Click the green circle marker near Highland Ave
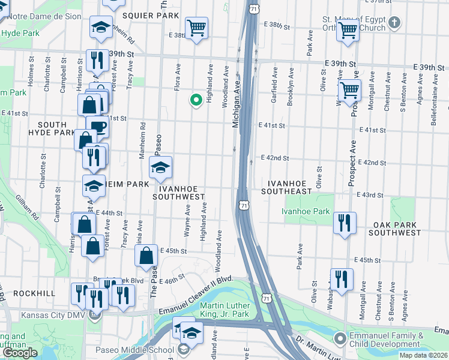(x=195, y=100)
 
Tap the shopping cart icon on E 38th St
(x=197, y=28)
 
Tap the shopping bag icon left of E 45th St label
(x=147, y=257)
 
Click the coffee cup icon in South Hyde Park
(x=98, y=127)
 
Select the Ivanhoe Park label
(x=306, y=211)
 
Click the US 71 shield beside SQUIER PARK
(x=255, y=9)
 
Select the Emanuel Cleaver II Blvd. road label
(x=194, y=296)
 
